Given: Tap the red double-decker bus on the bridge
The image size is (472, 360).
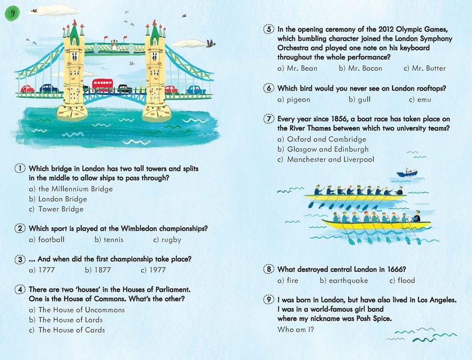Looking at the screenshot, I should (x=102, y=85).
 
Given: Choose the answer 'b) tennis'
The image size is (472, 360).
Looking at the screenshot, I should (x=109, y=239).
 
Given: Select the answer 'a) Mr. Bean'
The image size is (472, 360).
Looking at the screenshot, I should (x=297, y=68).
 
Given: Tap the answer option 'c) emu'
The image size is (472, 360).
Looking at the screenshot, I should (x=420, y=99).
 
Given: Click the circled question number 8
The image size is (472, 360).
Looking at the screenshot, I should (x=269, y=269).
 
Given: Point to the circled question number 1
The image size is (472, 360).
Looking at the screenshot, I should (x=19, y=168).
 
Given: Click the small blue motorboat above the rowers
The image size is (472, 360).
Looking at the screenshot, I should (x=406, y=172).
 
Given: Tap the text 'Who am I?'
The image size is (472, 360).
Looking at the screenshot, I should (x=296, y=330).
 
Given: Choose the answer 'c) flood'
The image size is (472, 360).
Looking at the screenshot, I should (x=402, y=280).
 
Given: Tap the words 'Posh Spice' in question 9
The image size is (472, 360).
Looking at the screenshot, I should (x=372, y=319).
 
